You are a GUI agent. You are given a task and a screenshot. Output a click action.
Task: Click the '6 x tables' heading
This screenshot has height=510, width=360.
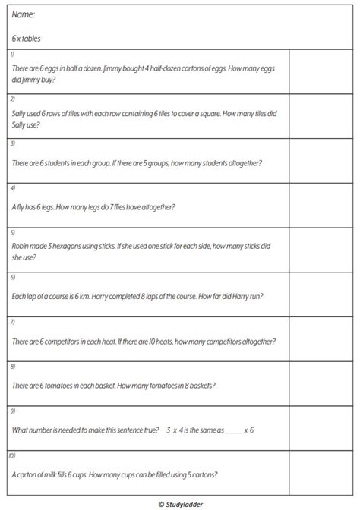(27, 37)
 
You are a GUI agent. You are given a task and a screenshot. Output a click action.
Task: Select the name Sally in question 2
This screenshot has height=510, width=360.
(21, 114)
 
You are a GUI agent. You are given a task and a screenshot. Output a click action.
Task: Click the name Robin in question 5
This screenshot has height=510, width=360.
(22, 246)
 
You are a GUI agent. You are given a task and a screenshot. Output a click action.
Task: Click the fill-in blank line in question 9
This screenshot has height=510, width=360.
(232, 430)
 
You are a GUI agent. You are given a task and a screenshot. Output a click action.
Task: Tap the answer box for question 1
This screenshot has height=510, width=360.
(317, 72)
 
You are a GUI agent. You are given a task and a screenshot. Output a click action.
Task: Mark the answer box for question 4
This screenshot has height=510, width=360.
(317, 206)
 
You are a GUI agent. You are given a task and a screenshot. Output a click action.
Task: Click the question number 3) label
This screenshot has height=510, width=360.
(12, 143)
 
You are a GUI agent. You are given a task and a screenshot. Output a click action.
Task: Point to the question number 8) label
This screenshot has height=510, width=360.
(12, 367)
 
